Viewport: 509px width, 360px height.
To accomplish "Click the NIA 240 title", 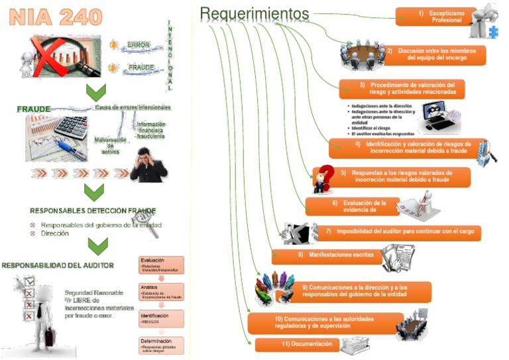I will (x=56, y=18).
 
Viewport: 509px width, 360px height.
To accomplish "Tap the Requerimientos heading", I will (x=254, y=13).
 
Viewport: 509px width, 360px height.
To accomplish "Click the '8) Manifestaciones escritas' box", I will (x=327, y=255).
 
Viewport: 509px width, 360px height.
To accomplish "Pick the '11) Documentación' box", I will (x=298, y=345).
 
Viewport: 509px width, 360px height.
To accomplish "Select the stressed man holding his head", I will (x=148, y=164).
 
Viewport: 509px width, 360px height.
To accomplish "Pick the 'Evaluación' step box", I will (x=161, y=265).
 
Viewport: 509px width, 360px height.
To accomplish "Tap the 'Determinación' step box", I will (x=161, y=344).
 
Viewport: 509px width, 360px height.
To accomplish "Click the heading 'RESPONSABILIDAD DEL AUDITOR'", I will (x=58, y=265).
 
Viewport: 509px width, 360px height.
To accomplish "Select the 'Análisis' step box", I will (x=161, y=292).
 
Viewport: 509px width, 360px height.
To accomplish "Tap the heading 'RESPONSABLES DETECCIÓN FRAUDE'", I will (x=93, y=210).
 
